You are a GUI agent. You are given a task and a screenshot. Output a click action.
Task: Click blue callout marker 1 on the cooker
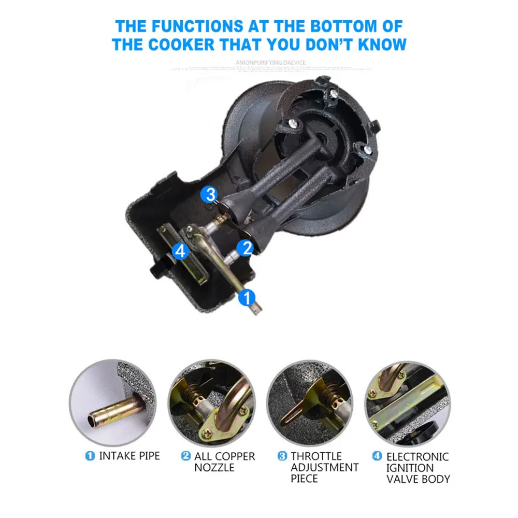247,297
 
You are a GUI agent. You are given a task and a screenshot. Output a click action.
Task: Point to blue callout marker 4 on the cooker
180,251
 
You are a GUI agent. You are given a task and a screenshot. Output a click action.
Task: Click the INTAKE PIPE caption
129,456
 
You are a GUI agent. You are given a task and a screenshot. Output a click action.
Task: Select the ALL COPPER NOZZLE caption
224,462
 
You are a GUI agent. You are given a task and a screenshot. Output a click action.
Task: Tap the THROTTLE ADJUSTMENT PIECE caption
324,467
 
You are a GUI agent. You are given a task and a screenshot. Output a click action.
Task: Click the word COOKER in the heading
178,44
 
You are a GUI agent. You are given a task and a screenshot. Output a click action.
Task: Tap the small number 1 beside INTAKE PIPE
90,456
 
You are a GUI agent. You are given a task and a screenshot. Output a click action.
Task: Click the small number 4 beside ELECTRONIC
378,456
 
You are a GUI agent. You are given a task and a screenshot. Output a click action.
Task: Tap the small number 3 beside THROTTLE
282,456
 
